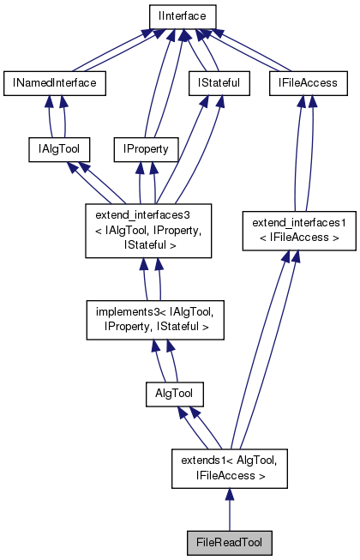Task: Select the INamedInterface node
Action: pos(54,82)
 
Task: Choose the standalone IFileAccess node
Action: pos(309,82)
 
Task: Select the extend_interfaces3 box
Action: pos(148,231)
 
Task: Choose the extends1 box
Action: pos(228,467)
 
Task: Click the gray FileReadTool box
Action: pos(229,542)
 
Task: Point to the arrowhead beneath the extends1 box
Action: pos(229,496)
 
